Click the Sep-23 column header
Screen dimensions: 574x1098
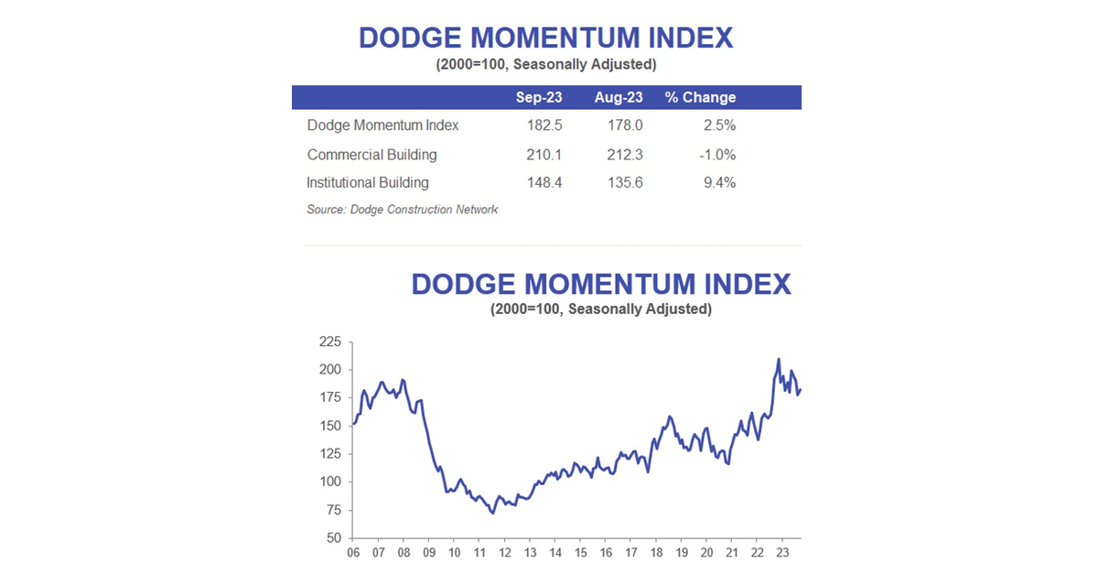(539, 97)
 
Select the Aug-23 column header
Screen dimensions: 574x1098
(619, 97)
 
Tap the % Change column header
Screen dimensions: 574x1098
(700, 97)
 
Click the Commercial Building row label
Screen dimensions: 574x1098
(372, 154)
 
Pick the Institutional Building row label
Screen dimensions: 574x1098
(368, 182)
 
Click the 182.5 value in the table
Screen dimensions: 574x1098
(544, 125)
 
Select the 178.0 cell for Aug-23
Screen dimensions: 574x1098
(624, 125)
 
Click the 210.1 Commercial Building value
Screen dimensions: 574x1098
(544, 154)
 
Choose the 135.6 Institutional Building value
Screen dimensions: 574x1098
(624, 182)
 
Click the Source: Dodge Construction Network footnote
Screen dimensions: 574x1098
(403, 210)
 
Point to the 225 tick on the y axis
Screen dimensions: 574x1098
(329, 342)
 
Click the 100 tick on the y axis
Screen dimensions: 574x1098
(329, 482)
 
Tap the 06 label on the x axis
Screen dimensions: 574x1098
(354, 553)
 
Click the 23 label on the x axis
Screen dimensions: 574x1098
(782, 553)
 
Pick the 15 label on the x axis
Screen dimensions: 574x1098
(581, 553)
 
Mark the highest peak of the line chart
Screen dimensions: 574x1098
(779, 359)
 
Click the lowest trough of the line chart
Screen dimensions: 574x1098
(493, 513)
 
